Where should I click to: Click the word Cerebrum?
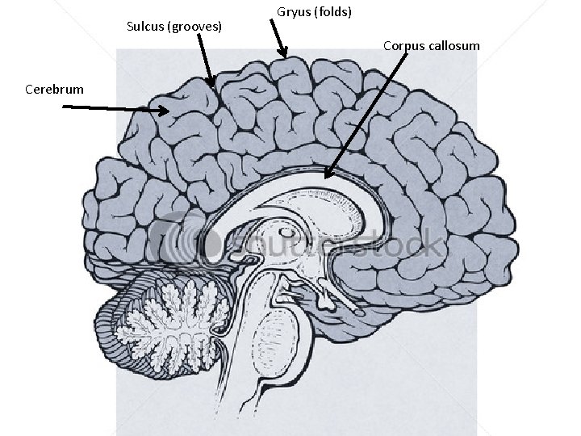coord(54,89)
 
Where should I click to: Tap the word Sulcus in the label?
coord(145,27)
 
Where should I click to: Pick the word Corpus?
coord(403,46)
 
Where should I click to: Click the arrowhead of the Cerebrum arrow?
coord(165,111)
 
